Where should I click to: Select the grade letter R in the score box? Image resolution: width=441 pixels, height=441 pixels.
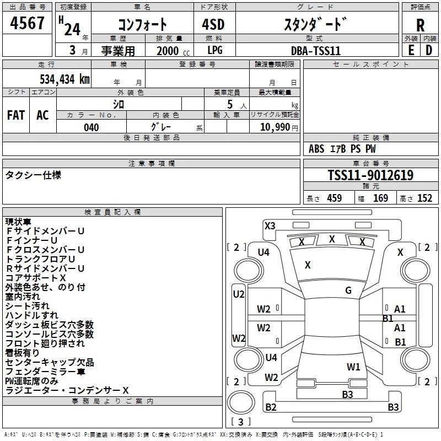tap(420, 25)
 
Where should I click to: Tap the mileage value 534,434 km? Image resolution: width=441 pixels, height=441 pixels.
tap(64, 79)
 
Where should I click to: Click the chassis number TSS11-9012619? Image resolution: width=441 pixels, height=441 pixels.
tap(370, 175)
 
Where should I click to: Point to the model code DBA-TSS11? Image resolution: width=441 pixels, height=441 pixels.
tap(316, 50)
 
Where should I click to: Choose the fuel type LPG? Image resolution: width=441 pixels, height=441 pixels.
tap(215, 50)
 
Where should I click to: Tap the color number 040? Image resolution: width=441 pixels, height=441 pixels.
tap(92, 127)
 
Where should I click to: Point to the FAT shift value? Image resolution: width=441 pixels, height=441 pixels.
tap(15, 115)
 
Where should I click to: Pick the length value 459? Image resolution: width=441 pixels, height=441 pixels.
tap(334, 198)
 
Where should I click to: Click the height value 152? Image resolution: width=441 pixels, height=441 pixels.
tap(424, 198)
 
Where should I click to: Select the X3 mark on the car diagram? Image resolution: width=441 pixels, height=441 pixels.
tap(270, 225)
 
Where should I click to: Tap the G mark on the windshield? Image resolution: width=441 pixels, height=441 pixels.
tap(348, 291)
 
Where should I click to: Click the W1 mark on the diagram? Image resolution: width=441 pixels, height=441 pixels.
tap(353, 367)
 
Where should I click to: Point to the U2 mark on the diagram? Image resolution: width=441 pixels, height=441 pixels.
tap(238, 294)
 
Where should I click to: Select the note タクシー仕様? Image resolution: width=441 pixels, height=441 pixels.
tap(33, 175)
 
